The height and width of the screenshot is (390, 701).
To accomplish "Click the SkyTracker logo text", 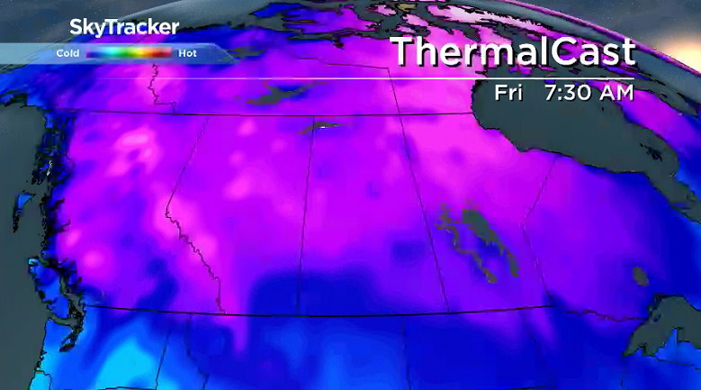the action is (x=124, y=28).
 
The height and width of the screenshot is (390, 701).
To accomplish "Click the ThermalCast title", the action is (x=513, y=52).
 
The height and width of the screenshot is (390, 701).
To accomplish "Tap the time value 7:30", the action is (x=571, y=93).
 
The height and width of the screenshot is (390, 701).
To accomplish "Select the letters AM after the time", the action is (x=618, y=93).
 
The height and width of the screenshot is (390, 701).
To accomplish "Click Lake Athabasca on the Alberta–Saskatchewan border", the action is (x=320, y=128).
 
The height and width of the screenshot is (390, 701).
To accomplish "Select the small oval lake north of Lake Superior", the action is (x=640, y=274).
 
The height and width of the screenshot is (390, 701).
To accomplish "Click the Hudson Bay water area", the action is (x=594, y=135).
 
